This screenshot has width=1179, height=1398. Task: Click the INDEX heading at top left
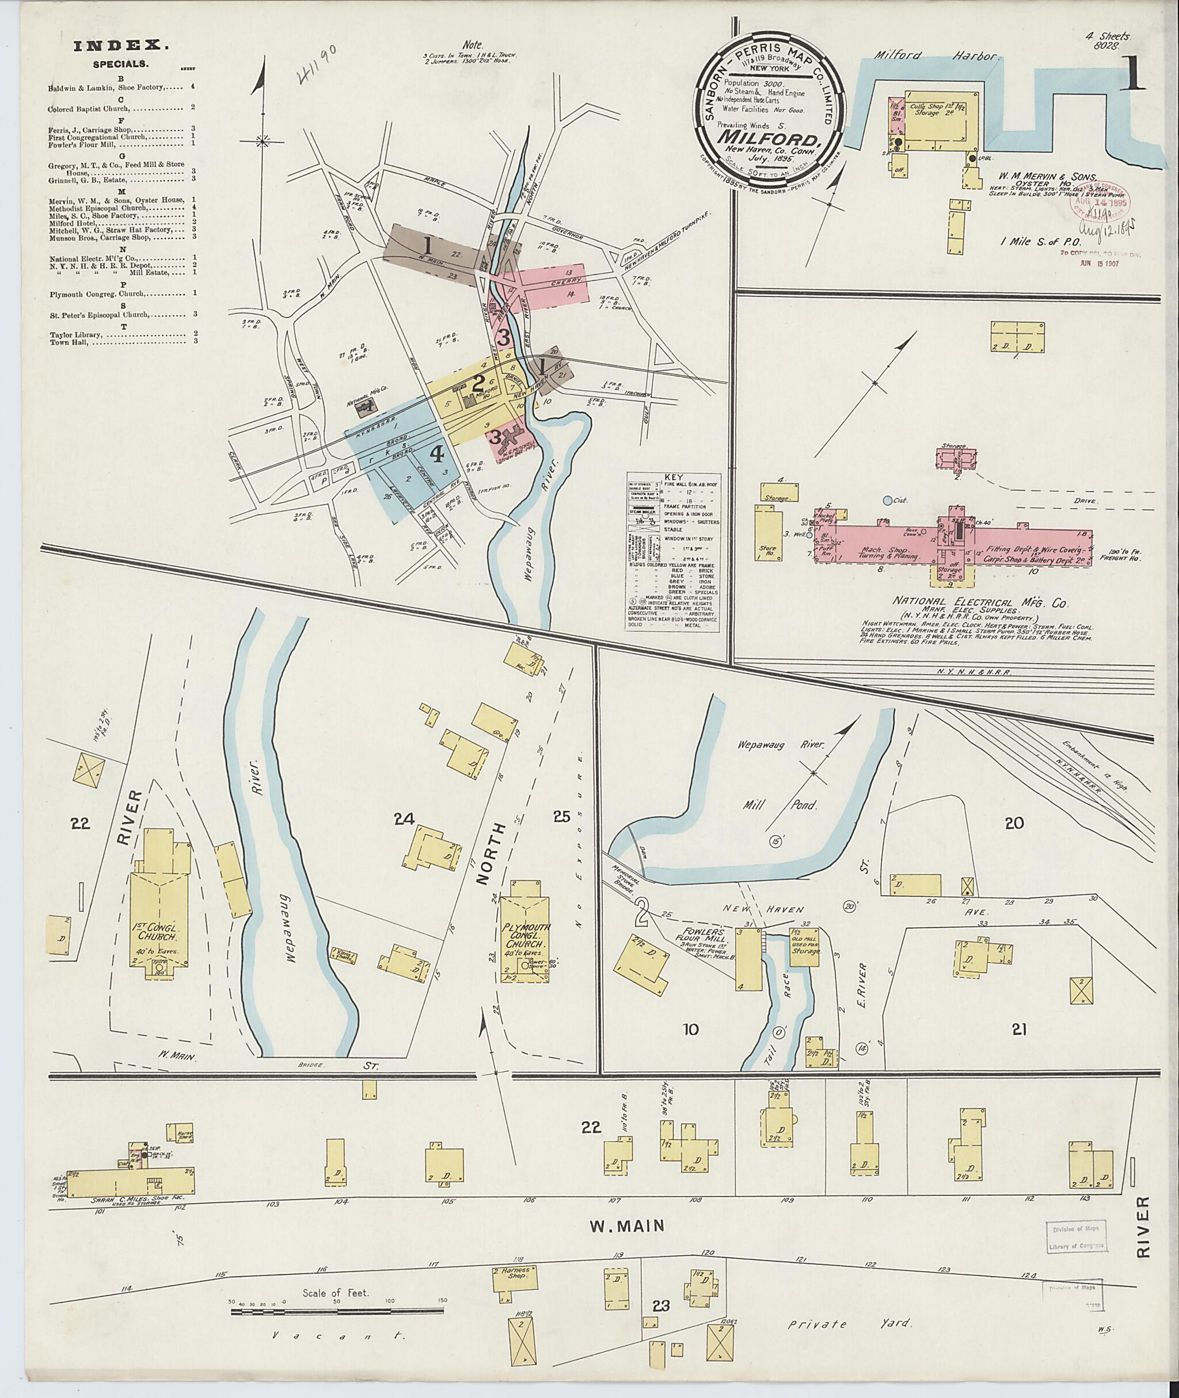(120, 45)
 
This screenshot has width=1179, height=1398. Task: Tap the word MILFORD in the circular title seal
(769, 141)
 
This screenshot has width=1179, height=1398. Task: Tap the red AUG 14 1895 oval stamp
(1093, 200)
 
